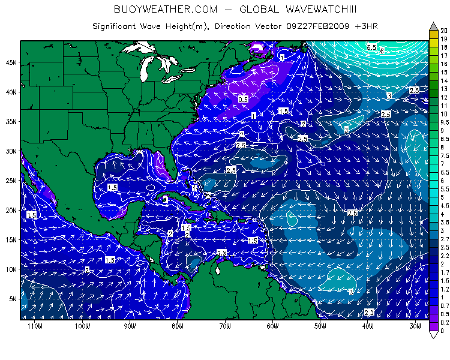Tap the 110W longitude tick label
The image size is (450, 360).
tap(34, 326)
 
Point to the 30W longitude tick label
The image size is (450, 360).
tap(415, 326)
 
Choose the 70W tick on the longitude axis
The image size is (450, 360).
tap(224, 326)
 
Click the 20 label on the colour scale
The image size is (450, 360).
tap(443, 30)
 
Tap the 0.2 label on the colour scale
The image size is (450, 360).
tap(443, 322)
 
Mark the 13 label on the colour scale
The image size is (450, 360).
tap(443, 89)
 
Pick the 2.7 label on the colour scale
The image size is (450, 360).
tap(443, 239)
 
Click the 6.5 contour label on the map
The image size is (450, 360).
tap(371, 47)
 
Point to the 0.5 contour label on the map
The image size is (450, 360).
tap(243, 99)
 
